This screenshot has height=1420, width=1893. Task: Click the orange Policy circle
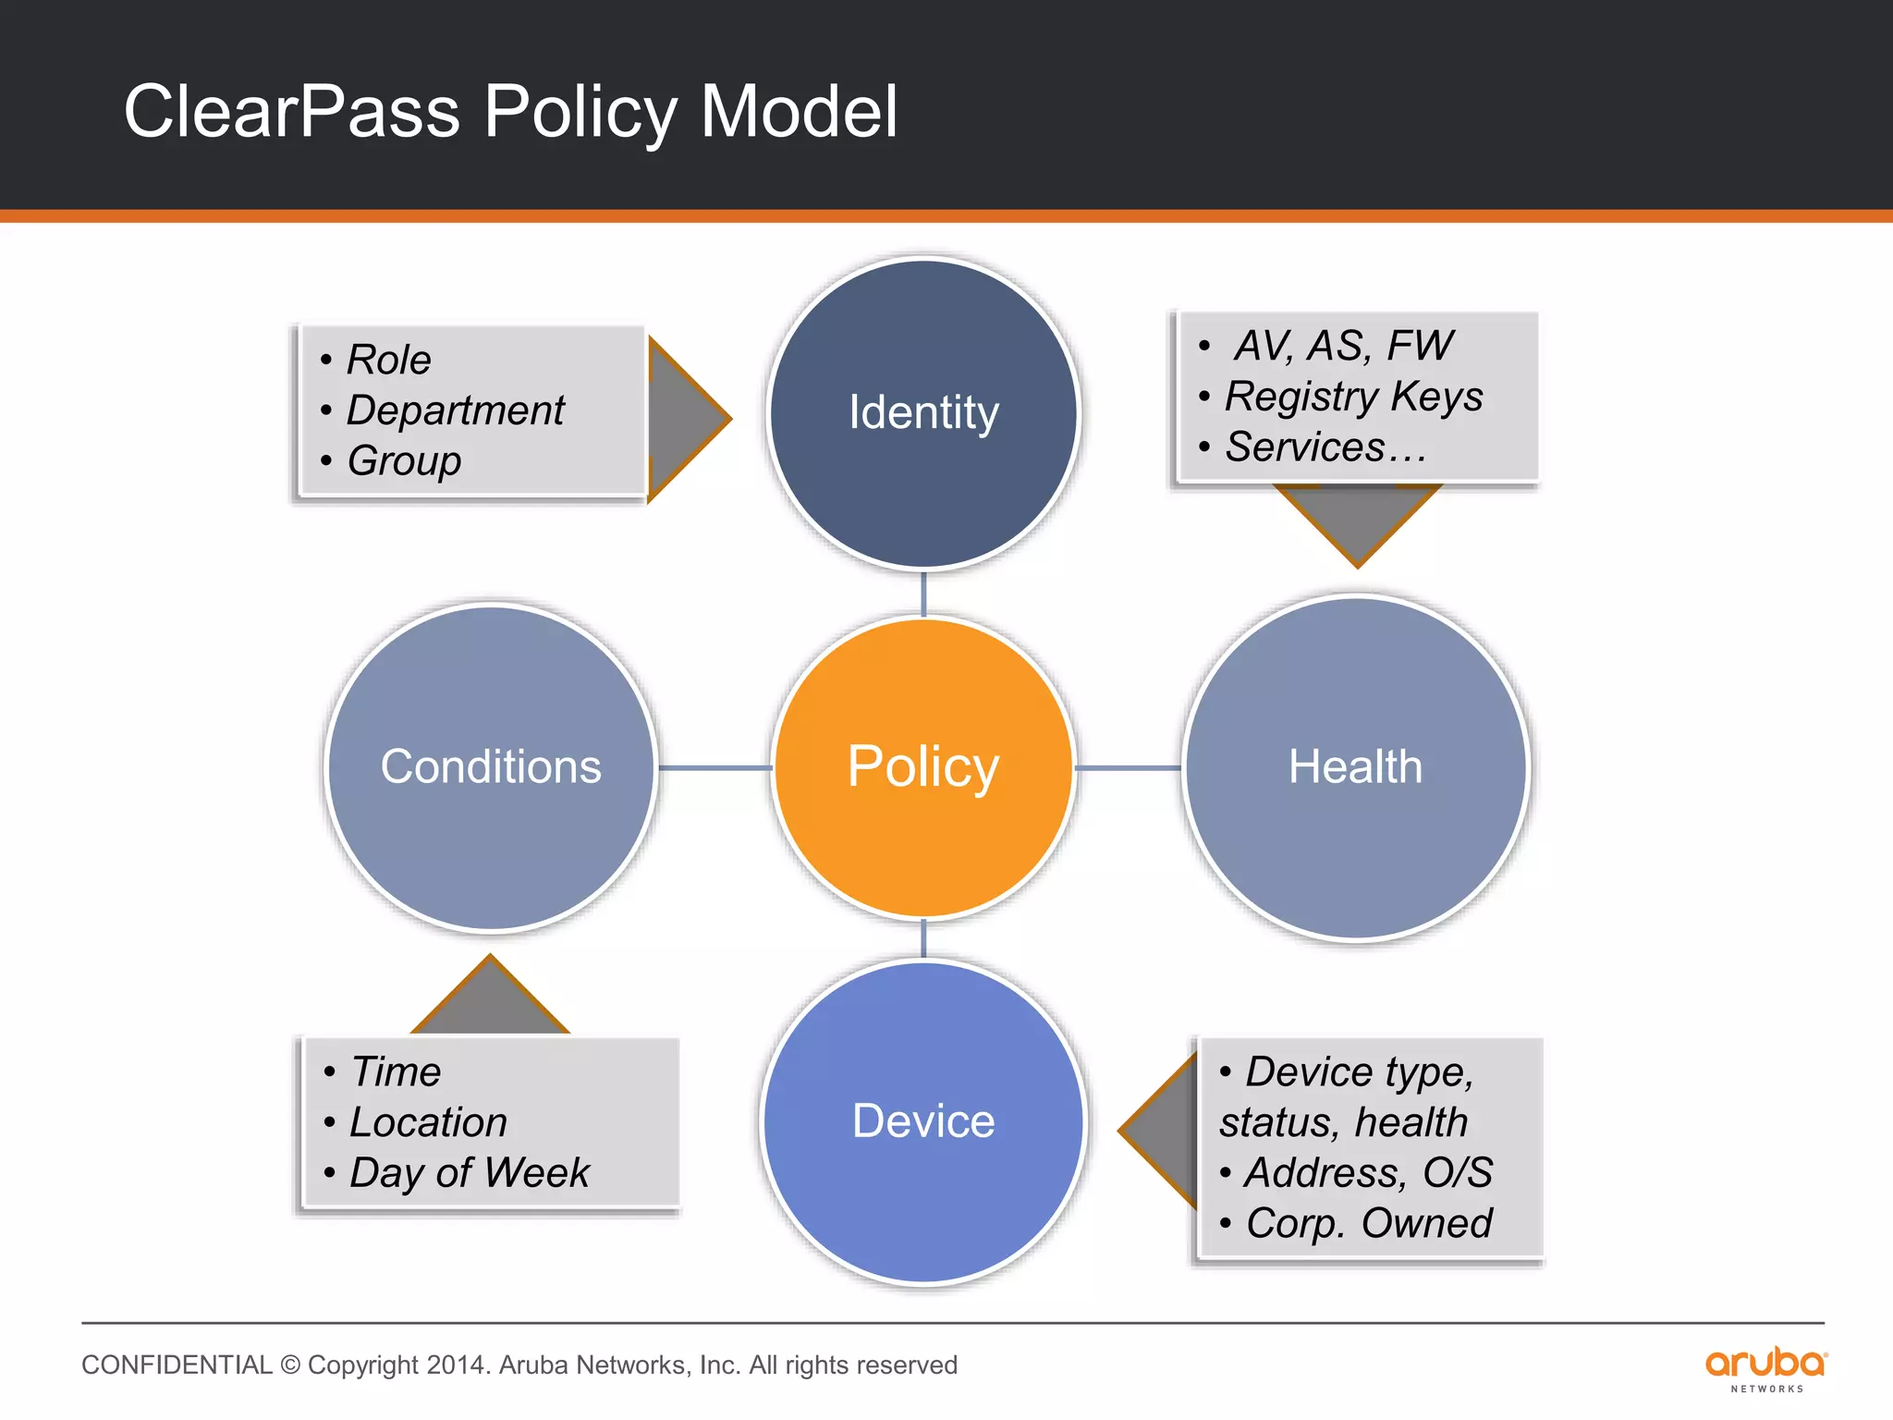coord(923,767)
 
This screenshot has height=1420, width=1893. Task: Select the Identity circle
coord(923,412)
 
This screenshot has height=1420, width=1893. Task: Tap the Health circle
coord(1355,767)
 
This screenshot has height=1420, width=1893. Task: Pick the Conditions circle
coord(491,767)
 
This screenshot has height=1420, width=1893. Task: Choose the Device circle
coord(923,1121)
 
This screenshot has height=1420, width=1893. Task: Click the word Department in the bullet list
coord(455,410)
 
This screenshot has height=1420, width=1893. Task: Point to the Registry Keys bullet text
coord(1353,397)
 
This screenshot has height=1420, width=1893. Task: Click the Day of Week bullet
coord(469,1173)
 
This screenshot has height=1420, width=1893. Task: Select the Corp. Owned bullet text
coord(1368,1223)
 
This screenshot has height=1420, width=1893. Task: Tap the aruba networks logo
coord(1765,1368)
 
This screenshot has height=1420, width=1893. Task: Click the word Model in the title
coord(799,112)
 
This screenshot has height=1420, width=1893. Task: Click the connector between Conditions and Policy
coord(714,767)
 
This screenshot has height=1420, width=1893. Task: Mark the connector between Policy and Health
coord(1129,767)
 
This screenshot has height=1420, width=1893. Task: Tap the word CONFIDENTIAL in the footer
coord(177,1365)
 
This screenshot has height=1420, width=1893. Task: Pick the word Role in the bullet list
coord(388,360)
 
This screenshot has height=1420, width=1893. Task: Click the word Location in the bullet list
coord(428,1122)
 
